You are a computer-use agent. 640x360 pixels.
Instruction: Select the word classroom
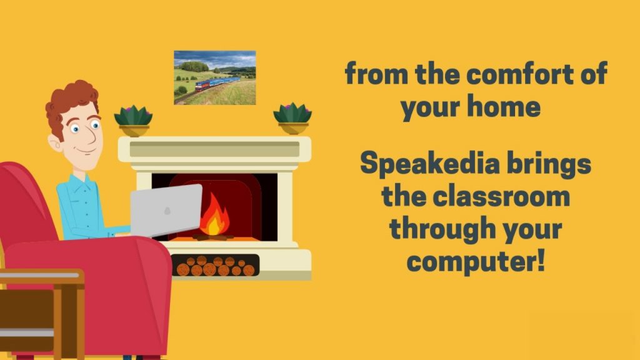[x=501, y=197]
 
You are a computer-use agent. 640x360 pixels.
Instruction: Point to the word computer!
[x=476, y=262]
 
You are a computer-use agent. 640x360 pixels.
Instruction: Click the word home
[x=504, y=106]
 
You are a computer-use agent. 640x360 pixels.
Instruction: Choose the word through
[x=442, y=229]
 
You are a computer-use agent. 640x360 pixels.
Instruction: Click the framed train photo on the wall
[x=215, y=77]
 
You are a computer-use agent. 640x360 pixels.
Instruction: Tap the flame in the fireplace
[x=214, y=215]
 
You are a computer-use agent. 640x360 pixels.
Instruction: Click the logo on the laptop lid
[x=167, y=211]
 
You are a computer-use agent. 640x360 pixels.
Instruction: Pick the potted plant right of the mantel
[x=292, y=118]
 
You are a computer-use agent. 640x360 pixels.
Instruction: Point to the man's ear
[x=54, y=142]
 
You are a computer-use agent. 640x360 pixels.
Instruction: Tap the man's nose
[x=91, y=137]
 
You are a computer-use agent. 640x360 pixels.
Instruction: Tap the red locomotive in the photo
[x=202, y=86]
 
